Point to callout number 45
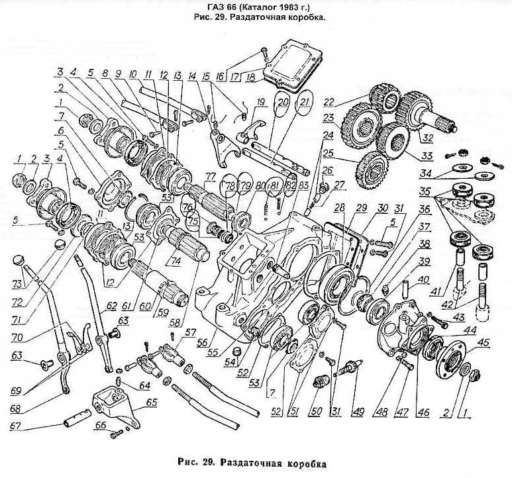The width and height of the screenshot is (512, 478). tap(484, 342)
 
